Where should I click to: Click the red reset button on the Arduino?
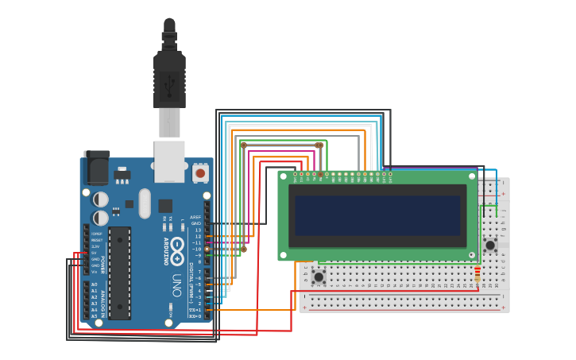200,172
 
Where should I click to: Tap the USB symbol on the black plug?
169,81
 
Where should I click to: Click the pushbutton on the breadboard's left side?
319,277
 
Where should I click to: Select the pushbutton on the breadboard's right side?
490,245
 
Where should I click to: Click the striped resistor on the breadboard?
477,274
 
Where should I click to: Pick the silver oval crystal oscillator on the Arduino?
144,203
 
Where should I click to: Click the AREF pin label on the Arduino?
195,217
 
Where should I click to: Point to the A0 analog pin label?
95,285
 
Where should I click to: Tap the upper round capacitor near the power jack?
101,199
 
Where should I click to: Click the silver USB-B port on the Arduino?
169,159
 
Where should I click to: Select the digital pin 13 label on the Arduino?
198,230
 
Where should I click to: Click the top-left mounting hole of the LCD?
283,175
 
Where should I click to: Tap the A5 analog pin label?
95,316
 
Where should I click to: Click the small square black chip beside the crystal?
165,206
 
